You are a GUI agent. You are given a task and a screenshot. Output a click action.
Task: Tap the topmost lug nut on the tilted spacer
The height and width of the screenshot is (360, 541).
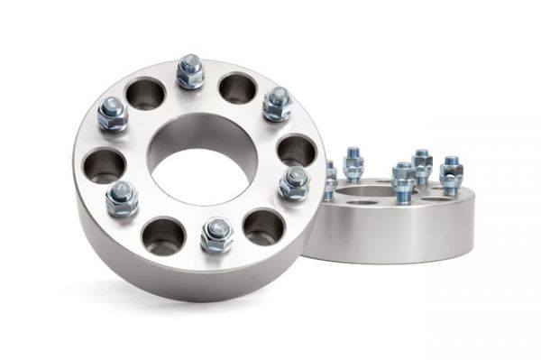pyautogui.click(x=190, y=72)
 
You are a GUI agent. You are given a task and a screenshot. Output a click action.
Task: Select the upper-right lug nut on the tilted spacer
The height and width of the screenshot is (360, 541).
pyautogui.click(x=277, y=105)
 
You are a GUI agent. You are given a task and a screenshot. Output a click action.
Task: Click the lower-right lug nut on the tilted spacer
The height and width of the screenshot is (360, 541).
pyautogui.click(x=294, y=182)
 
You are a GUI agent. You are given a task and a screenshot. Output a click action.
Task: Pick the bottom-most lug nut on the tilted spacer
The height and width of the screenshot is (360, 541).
pyautogui.click(x=216, y=235)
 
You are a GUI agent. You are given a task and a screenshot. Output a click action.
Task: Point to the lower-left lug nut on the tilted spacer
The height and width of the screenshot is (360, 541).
pyautogui.click(x=122, y=198)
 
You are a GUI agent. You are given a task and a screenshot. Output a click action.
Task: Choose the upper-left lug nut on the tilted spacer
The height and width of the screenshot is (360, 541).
pyautogui.click(x=113, y=115)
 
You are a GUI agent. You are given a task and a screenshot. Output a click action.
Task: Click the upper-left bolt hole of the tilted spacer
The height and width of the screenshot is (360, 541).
pyautogui.click(x=145, y=92)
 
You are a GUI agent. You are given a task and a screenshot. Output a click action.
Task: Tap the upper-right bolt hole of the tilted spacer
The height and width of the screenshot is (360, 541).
pyautogui.click(x=238, y=88)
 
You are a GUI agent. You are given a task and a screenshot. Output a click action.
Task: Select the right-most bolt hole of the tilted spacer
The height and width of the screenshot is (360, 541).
pyautogui.click(x=297, y=150)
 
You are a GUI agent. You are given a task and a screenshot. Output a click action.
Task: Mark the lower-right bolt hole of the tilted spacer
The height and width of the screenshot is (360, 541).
pyautogui.click(x=263, y=226)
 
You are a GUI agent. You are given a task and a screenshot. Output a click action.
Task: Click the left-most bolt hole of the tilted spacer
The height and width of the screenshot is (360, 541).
pyautogui.click(x=104, y=165)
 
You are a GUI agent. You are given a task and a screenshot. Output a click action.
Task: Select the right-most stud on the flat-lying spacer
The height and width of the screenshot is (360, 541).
pyautogui.click(x=451, y=175)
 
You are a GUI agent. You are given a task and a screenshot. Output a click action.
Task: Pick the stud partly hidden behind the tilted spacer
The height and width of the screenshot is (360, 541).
pyautogui.click(x=331, y=180)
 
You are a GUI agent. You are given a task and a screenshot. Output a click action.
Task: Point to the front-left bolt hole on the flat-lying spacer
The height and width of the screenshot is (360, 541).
pyautogui.click(x=361, y=201)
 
